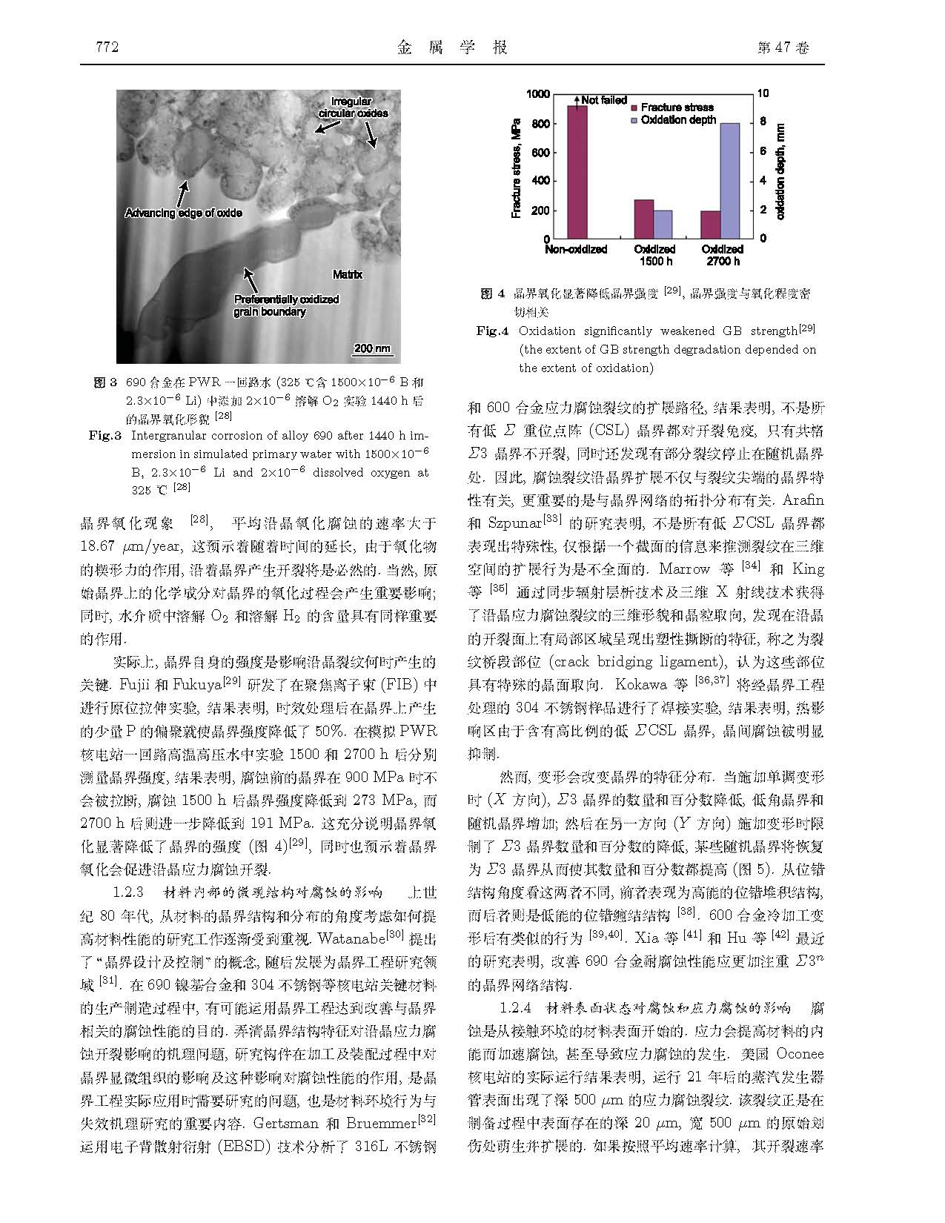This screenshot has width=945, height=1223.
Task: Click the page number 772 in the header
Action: (x=108, y=48)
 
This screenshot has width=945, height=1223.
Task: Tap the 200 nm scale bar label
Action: (x=372, y=348)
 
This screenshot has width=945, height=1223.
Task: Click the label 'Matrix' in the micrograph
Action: (x=347, y=274)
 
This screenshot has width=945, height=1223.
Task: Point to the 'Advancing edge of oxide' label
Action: (x=183, y=213)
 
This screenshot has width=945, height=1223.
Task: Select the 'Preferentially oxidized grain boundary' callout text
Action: (x=286, y=305)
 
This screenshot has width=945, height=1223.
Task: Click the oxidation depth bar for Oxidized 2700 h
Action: (x=729, y=181)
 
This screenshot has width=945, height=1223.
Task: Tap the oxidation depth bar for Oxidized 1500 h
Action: (x=663, y=225)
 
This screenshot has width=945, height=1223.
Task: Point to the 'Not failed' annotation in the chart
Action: (x=603, y=100)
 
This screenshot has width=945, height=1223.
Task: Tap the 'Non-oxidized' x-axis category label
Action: (x=575, y=250)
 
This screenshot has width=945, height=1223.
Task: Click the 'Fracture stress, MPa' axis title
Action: (x=516, y=167)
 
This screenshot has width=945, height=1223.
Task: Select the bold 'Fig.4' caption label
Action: (x=492, y=331)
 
